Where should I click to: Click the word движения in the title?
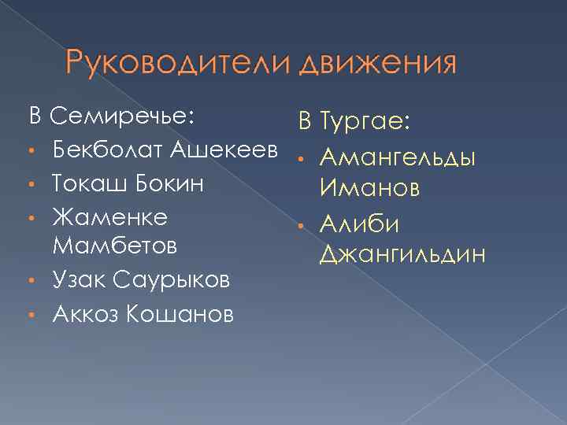(x=378, y=64)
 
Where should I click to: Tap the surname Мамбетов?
(x=115, y=247)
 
